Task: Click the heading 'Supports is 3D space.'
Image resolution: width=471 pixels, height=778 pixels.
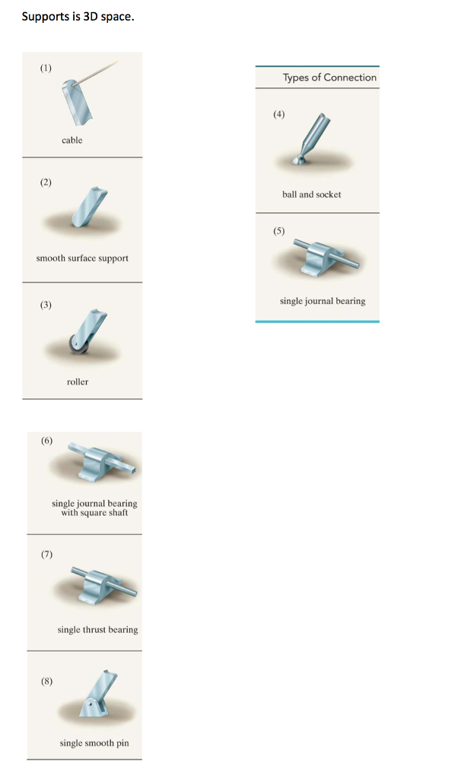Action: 78,16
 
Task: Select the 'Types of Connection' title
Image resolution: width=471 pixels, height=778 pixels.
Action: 329,77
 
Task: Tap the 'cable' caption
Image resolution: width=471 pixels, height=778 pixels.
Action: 72,140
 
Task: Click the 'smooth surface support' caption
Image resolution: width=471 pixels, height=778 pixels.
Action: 82,258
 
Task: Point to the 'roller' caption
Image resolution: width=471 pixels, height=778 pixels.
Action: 78,381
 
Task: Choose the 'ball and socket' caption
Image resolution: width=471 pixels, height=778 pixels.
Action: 311,194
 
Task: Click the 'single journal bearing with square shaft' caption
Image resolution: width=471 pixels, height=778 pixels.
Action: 94,508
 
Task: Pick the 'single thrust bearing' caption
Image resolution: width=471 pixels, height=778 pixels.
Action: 97,629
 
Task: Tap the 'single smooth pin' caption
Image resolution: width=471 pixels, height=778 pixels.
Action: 94,742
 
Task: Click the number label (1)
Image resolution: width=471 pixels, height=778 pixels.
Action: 46,68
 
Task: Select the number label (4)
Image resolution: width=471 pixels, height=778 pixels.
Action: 279,114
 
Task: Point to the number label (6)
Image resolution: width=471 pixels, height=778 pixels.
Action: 47,441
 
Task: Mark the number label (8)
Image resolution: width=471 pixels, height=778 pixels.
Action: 47,681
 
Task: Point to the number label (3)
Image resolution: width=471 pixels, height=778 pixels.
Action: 46,305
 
